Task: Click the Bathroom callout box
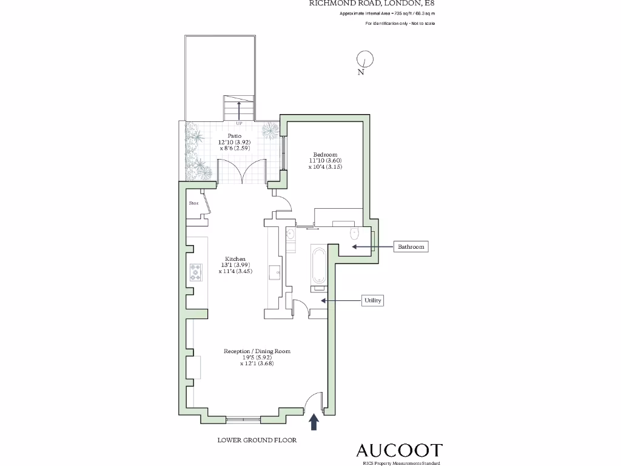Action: [x=411, y=247]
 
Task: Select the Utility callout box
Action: [x=372, y=300]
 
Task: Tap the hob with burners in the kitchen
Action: [x=196, y=272]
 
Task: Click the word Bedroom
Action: [x=325, y=154]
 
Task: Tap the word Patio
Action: [x=234, y=136]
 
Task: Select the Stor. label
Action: [x=194, y=203]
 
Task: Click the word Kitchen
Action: [x=235, y=258]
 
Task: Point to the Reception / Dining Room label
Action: [x=257, y=351]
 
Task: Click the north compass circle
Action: [x=364, y=59]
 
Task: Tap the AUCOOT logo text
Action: [x=398, y=450]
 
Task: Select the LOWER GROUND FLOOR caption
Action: [x=257, y=441]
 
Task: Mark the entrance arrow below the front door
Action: [x=314, y=422]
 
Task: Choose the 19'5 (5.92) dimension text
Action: [x=257, y=357]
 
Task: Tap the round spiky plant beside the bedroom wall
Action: [x=269, y=130]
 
